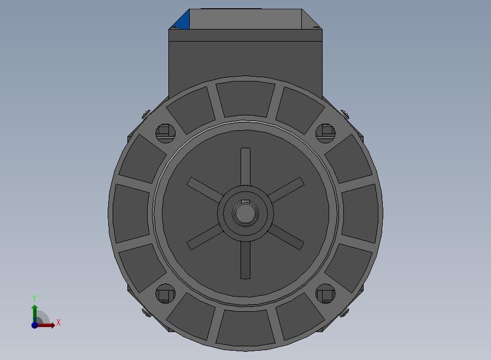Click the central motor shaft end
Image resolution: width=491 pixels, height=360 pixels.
(245, 213)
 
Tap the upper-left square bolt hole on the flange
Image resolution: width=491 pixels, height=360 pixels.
(165, 133)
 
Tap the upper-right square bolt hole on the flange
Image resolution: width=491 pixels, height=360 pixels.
(325, 133)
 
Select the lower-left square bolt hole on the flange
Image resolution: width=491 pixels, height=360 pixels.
(165, 294)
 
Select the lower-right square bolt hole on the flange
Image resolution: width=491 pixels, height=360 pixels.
(325, 294)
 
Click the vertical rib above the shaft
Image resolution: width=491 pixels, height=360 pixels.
(245, 167)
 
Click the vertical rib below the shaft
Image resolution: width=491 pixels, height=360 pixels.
(245, 260)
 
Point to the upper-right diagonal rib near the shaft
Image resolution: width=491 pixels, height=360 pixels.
(286, 190)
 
